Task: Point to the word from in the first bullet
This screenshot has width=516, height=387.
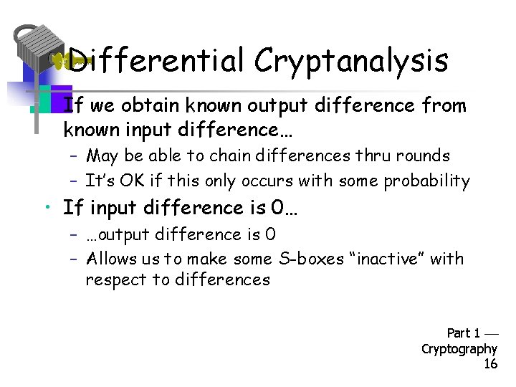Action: pos(444,107)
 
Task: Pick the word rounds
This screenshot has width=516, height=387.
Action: pos(425,156)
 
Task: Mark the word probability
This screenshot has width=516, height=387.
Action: pos(427,181)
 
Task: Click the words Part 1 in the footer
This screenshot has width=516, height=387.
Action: pos(464,333)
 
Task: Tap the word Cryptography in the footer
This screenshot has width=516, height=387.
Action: pos(459,348)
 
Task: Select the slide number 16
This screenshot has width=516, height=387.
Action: pos(490,364)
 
